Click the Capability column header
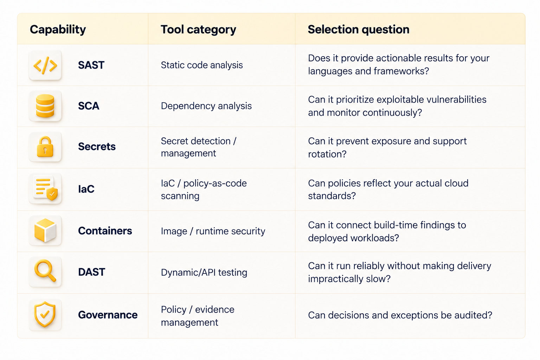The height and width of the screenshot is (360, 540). [58, 30]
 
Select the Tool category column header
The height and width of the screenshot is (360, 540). [198, 30]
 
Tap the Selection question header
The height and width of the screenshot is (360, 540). [359, 30]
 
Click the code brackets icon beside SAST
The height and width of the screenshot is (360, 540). [45, 65]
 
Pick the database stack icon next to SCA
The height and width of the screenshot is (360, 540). [45, 106]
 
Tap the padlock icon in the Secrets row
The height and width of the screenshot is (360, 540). [45, 147]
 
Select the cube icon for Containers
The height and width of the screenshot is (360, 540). [45, 231]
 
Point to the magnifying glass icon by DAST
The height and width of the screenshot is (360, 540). [45, 271]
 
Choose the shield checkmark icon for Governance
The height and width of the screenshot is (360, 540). [45, 314]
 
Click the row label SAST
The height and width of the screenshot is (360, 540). [91, 65]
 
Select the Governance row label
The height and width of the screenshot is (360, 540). [108, 315]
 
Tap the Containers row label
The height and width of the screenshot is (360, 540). [105, 231]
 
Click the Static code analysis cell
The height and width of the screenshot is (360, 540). [202, 65]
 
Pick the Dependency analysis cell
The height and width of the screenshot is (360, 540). [206, 106]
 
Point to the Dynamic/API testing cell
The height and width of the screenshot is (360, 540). [204, 272]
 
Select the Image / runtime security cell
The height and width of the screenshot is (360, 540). [213, 231]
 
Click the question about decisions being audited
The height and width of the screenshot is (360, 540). [400, 315]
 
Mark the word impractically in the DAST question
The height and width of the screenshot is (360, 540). [335, 279]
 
